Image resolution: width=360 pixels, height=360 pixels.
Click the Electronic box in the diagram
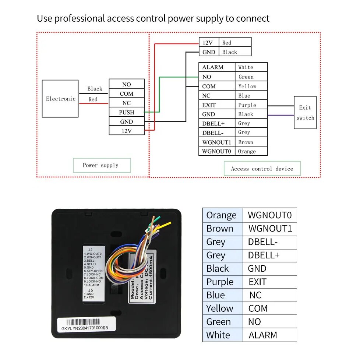pyautogui.click(x=60, y=99)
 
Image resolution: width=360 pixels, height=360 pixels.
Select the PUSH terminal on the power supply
pyautogui.click(x=127, y=112)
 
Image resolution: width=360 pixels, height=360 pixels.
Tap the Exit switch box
pyautogui.click(x=305, y=113)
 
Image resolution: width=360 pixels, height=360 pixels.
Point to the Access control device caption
pyautogui.click(x=262, y=169)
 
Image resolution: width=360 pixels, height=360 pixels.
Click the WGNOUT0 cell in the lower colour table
pyautogui.click(x=270, y=215)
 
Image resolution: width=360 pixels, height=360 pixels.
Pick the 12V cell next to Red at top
pyautogui.click(x=209, y=43)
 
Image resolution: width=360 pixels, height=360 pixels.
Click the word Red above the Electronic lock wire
pyautogui.click(x=93, y=99)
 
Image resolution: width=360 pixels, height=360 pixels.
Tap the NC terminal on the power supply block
pyautogui.click(x=127, y=103)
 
